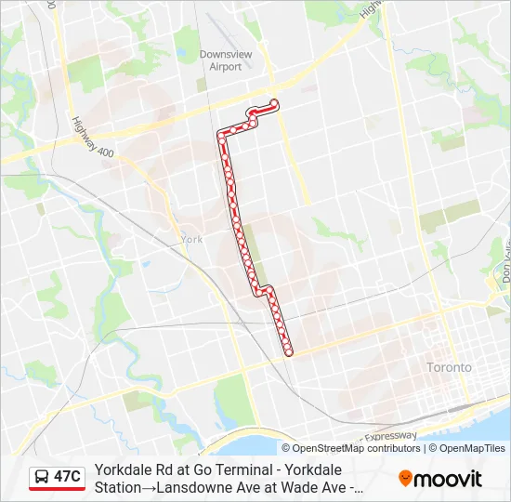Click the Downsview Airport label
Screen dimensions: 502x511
[226, 60]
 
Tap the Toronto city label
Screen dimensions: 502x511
[449, 367]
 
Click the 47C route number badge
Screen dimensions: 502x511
[67, 477]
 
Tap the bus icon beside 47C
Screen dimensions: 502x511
[43, 477]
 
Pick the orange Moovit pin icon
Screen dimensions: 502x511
[406, 479]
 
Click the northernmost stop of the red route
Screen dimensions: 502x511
[274, 103]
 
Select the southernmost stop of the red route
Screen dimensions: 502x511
[289, 351]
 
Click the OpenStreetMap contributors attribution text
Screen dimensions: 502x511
[357, 448]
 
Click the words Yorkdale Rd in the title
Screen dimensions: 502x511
[130, 469]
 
